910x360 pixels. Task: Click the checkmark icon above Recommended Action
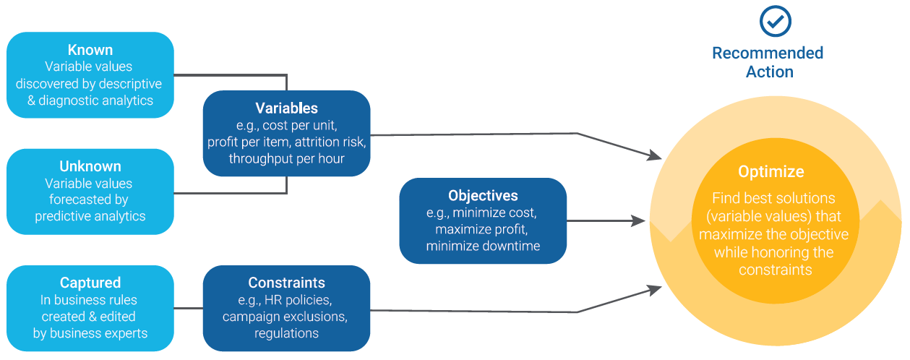776,22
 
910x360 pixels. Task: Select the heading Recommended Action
768,62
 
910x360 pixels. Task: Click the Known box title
90,50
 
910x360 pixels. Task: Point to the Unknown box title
90,166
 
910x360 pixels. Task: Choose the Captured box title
90,283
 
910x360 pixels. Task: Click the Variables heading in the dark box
286,108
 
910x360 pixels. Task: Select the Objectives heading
482,196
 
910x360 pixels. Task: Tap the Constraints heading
286,283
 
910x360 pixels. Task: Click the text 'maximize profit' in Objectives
482,230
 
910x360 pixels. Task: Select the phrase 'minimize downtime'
482,247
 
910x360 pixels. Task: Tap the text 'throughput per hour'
286,159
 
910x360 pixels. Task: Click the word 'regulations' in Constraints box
286,333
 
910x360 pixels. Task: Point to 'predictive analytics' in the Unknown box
90,216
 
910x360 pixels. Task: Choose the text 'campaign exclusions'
286,317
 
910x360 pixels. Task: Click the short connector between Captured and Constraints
189,309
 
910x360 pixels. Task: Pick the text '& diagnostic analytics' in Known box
90,100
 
